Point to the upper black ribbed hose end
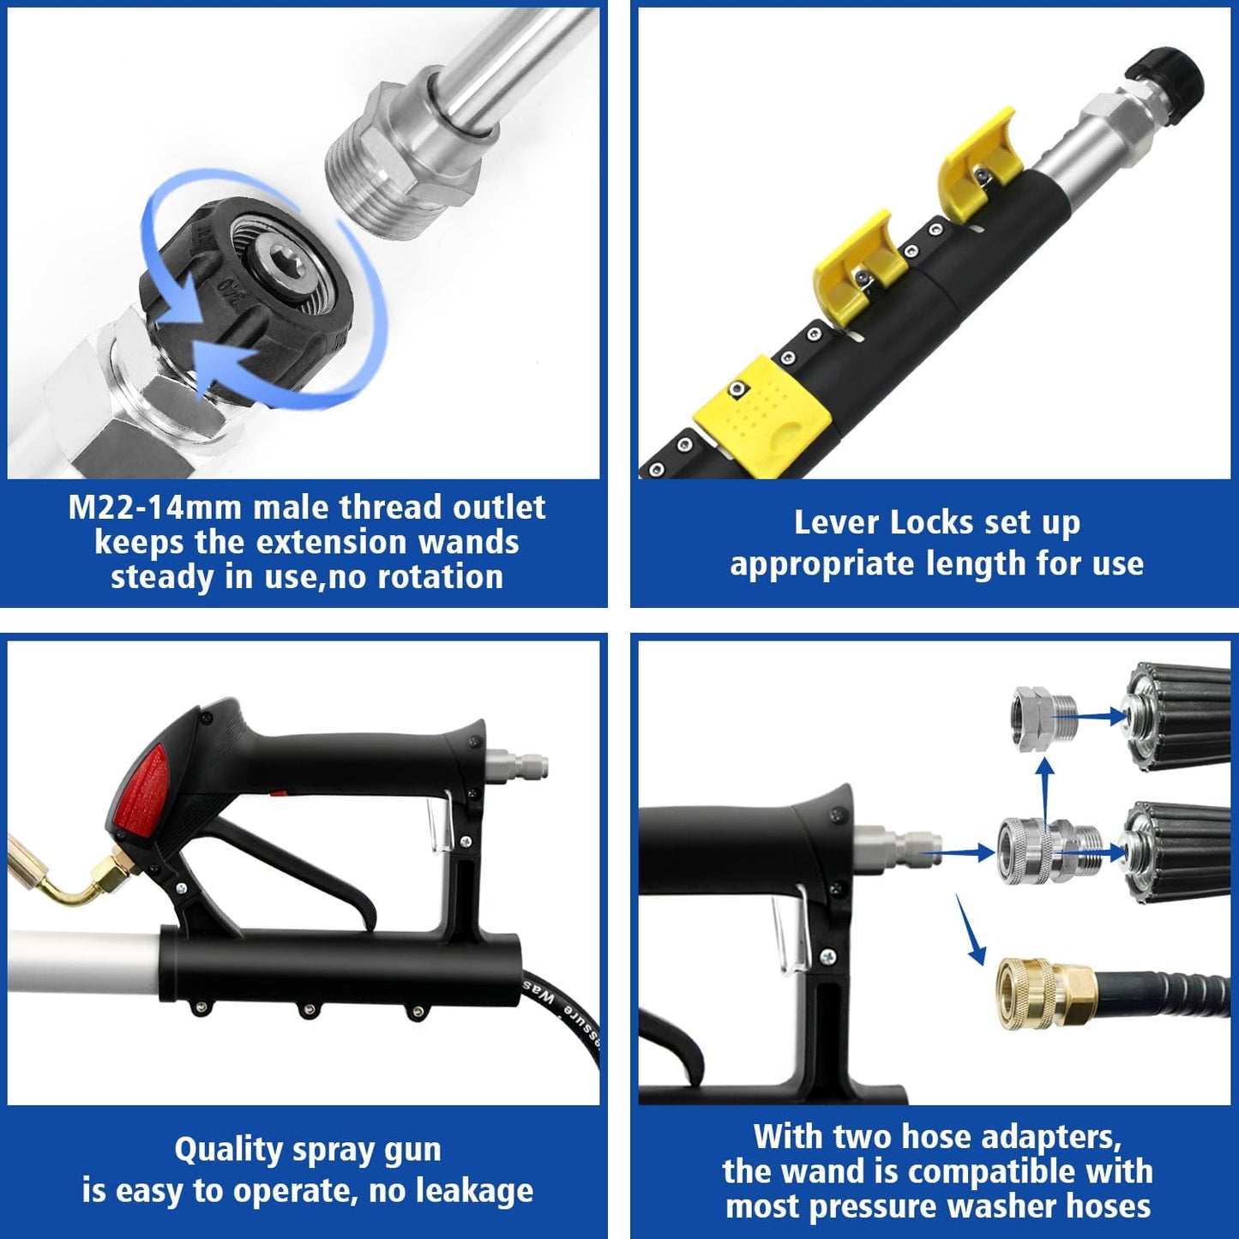coord(1179,716)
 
